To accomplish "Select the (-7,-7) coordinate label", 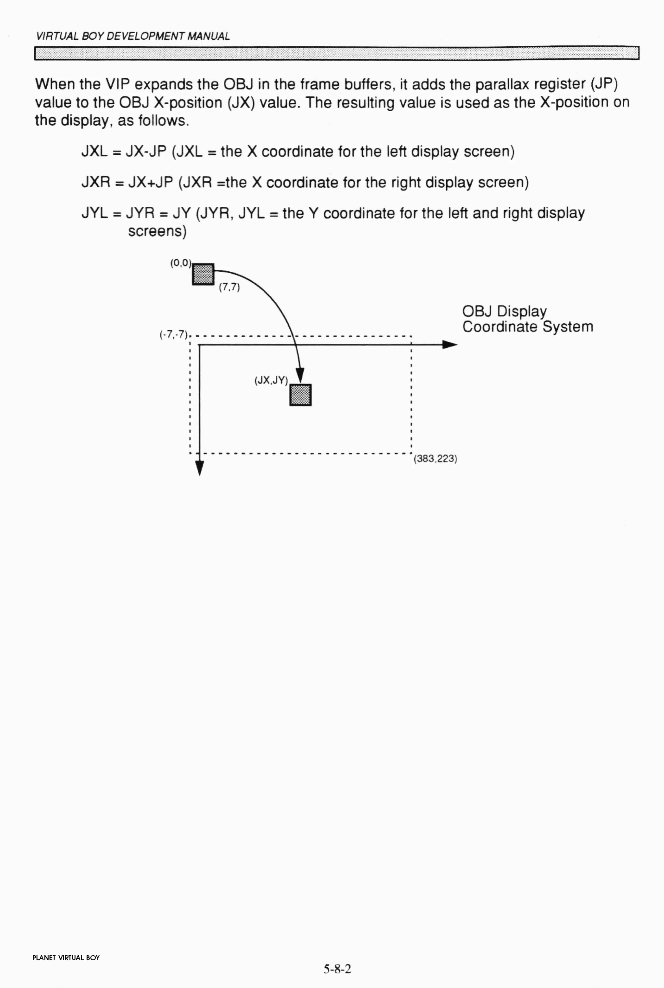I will [x=173, y=335].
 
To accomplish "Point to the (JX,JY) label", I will [x=271, y=380].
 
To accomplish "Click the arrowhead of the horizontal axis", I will [x=450, y=345].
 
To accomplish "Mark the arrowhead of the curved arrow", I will [x=300, y=376].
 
